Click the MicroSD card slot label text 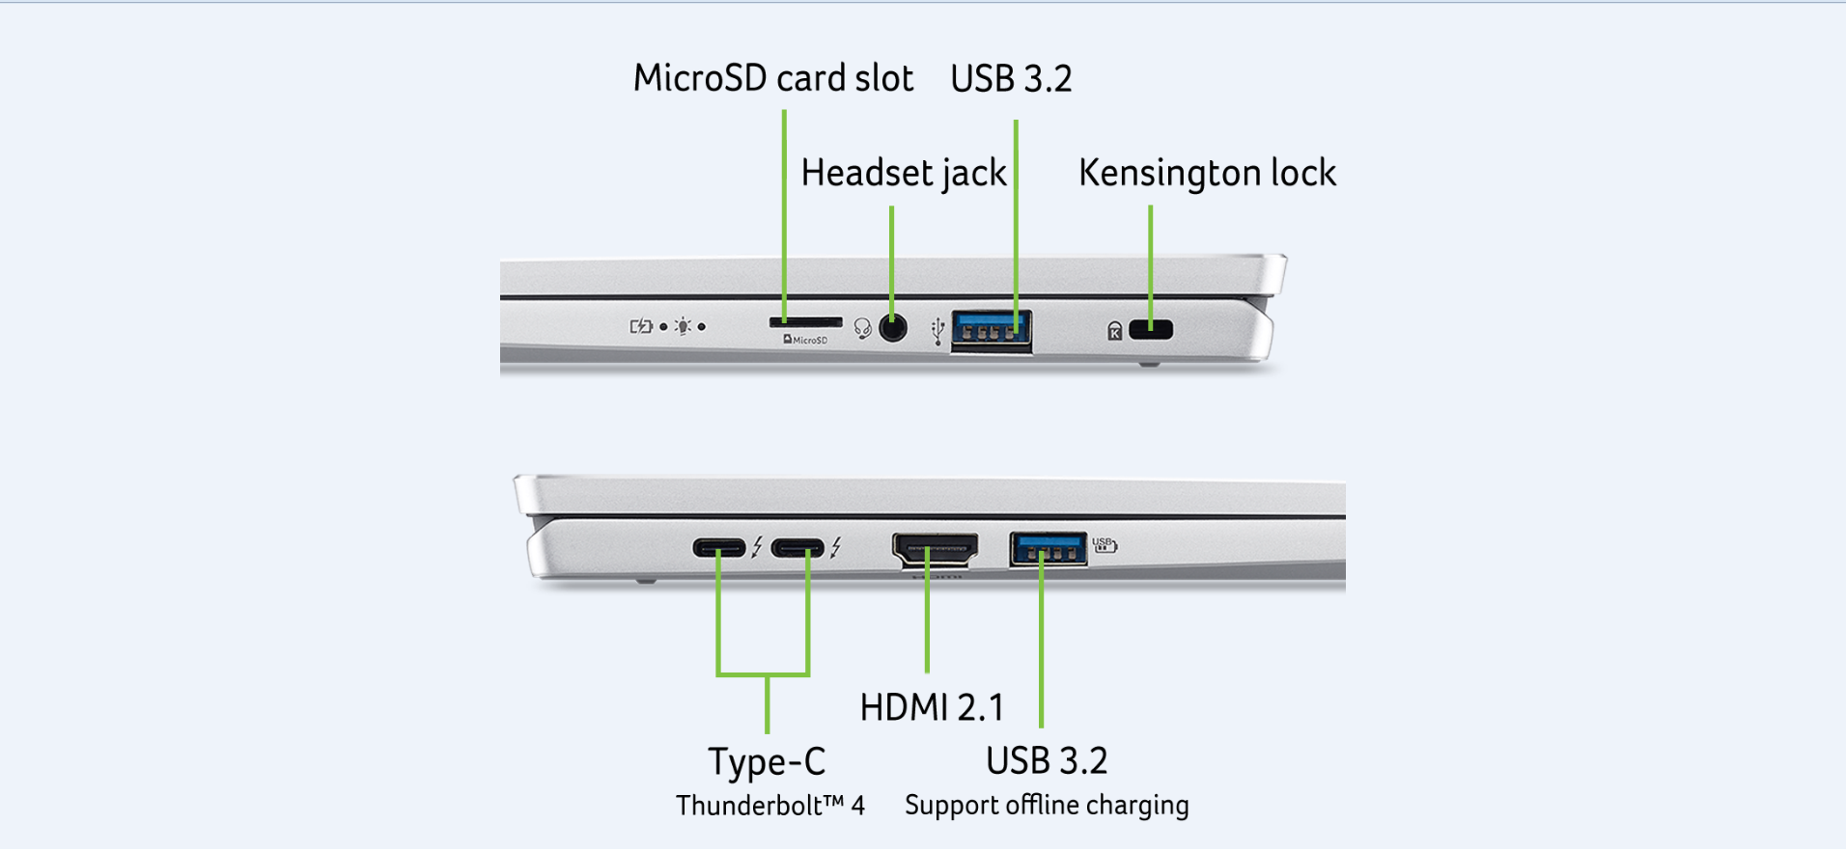772,78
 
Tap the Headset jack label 904,173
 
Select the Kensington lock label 1207,173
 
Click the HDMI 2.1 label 932,707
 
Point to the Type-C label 768,761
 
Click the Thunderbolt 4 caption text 769,805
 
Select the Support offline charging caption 1047,805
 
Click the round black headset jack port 893,328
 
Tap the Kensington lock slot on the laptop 1151,329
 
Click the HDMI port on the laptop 935,549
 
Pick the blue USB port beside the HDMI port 1048,549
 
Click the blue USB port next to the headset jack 991,331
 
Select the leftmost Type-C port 719,549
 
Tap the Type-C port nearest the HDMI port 798,549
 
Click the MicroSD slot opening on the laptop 805,321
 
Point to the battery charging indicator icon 641,326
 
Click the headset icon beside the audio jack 863,329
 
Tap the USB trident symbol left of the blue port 937,331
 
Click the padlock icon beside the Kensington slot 1115,331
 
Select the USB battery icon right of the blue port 1105,545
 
